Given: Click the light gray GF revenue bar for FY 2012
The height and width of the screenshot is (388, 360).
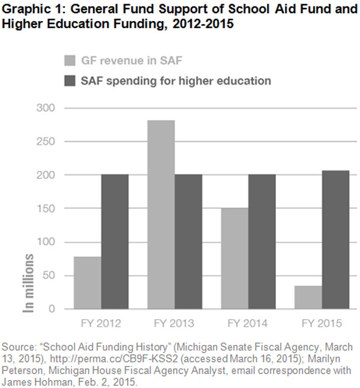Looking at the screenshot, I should [x=87, y=282].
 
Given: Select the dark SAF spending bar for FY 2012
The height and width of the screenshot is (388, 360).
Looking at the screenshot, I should [x=115, y=242].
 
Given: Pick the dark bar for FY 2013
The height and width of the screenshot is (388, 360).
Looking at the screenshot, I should [x=188, y=242].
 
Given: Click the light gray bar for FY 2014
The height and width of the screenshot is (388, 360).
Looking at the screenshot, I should [x=235, y=258].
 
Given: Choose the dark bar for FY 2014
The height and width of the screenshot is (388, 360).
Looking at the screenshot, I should [x=262, y=242].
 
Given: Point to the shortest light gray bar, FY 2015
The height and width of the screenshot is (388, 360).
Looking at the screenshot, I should [x=308, y=297].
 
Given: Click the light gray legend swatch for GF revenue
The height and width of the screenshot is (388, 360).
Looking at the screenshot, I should [x=70, y=60].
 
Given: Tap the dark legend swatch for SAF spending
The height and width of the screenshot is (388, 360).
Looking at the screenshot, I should [x=70, y=80].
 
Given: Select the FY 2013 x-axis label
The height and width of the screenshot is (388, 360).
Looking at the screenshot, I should [x=175, y=324].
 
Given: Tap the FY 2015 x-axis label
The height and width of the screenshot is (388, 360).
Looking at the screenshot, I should [x=322, y=324].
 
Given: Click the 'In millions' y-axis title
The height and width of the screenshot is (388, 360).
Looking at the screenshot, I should [x=28, y=282].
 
